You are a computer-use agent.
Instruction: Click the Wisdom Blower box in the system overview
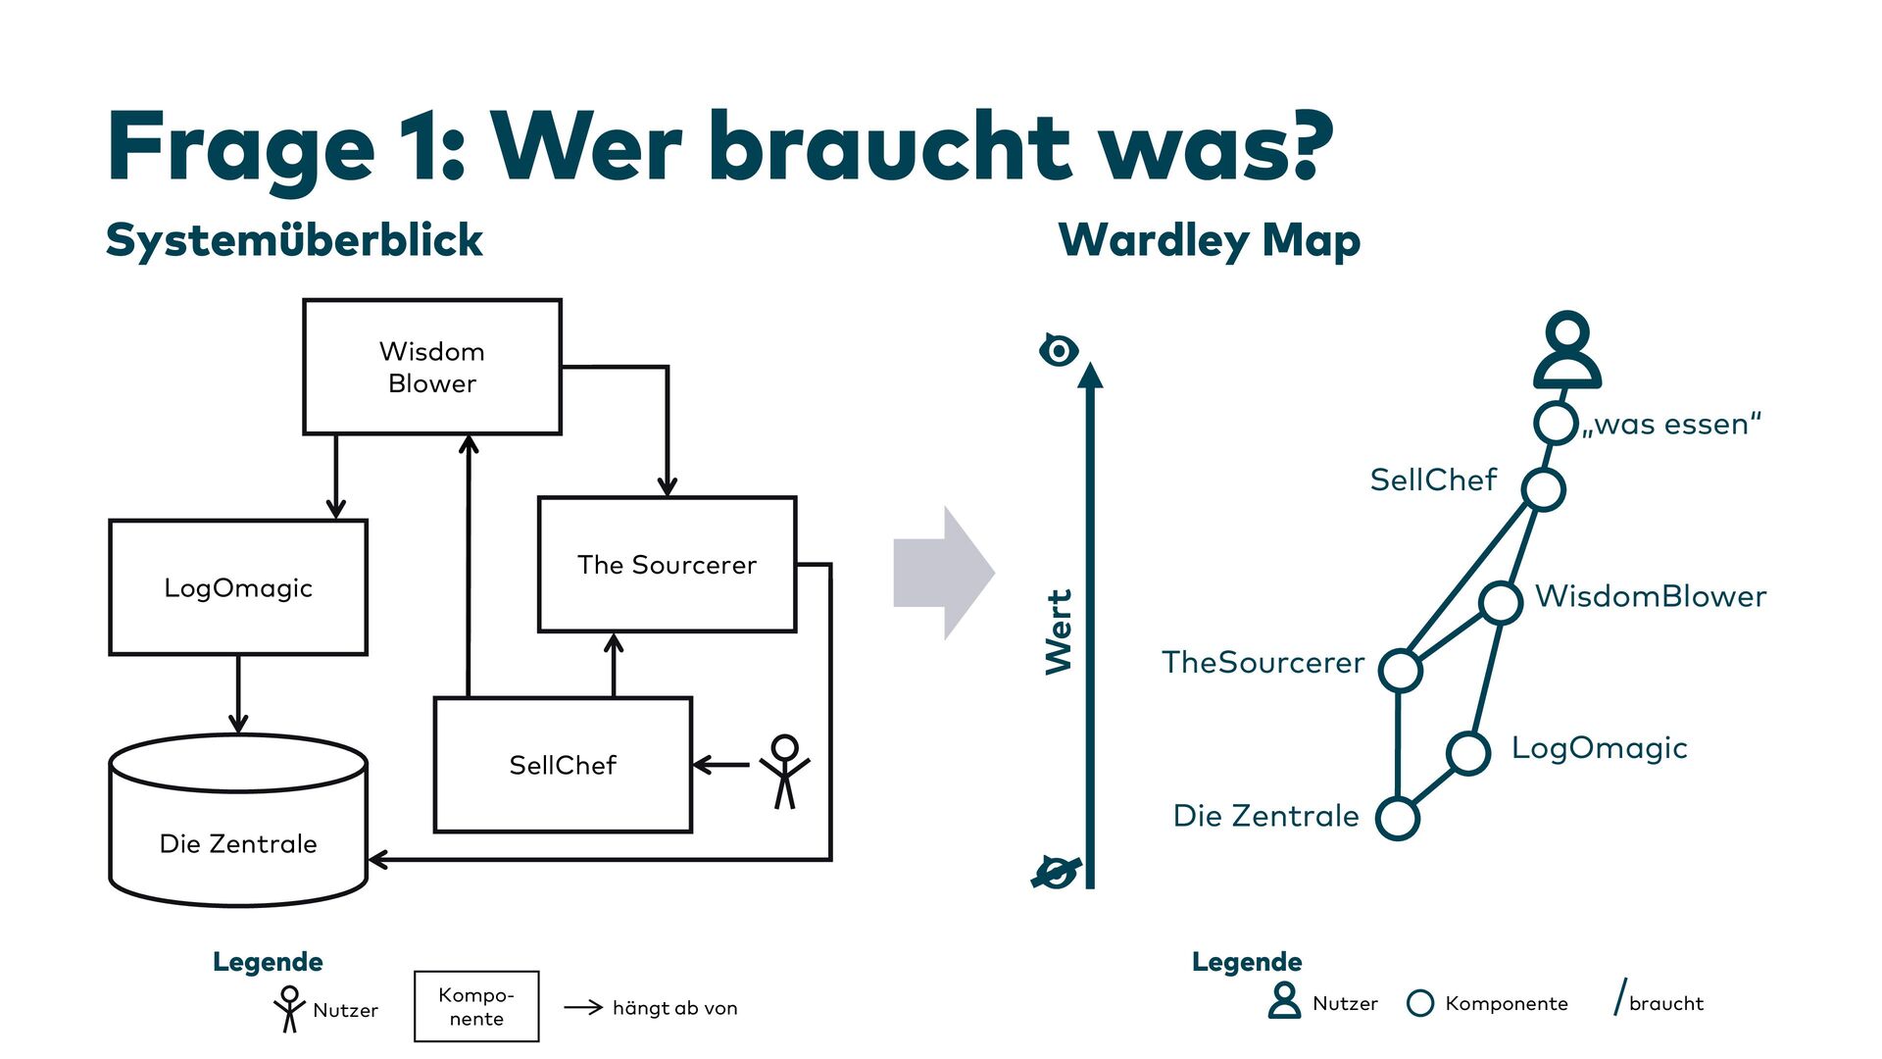tap(432, 367)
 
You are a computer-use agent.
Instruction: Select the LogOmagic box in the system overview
tap(238, 587)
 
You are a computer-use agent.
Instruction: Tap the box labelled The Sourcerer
tap(667, 565)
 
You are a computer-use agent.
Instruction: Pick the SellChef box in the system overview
tap(563, 765)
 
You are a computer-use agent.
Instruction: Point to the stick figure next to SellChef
tap(784, 772)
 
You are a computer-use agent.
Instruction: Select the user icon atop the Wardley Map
tap(1567, 351)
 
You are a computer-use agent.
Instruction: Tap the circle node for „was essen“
tap(1555, 424)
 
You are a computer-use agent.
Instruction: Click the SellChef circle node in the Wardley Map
tap(1544, 489)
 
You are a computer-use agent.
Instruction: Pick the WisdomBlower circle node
tap(1501, 602)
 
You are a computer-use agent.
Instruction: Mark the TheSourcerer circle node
tap(1400, 671)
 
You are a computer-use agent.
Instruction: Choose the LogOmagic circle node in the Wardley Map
tap(1468, 753)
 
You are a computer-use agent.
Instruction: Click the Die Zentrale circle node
tap(1398, 818)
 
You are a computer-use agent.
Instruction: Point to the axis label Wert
tap(1059, 631)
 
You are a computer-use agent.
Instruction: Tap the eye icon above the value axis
tap(1059, 350)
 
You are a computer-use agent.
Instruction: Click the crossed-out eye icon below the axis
tap(1056, 871)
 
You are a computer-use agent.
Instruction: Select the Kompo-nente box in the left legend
tap(476, 1006)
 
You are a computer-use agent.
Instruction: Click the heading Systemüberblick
tap(294, 240)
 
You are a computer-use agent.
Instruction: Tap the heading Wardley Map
tap(1210, 240)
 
